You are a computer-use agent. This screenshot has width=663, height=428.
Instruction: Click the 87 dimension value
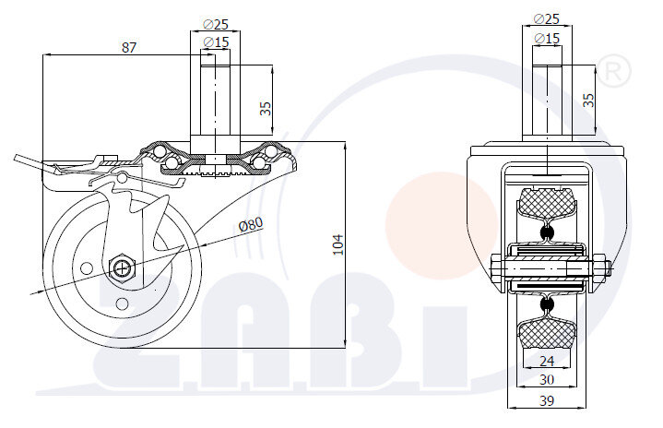tap(129, 47)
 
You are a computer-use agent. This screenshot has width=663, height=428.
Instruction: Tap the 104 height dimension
tap(338, 244)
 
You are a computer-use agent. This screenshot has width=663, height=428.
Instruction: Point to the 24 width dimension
tap(546, 361)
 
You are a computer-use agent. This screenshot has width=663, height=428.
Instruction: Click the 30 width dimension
tap(546, 379)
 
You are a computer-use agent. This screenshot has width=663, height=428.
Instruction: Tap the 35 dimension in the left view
tap(266, 108)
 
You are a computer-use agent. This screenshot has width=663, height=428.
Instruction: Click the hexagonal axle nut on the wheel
tap(122, 268)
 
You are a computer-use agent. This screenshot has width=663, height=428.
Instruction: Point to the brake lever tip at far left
tap(18, 158)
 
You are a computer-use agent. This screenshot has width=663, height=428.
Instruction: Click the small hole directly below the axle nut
tap(123, 303)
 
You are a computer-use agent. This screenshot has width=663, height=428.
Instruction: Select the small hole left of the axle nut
tap(87, 268)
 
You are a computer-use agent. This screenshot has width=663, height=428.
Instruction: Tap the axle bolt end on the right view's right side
tap(607, 269)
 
